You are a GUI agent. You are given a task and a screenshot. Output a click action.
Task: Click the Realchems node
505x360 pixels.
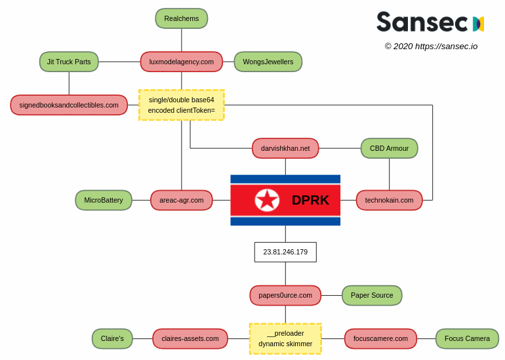click(182, 18)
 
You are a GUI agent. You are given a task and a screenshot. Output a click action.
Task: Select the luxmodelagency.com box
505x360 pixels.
click(182, 62)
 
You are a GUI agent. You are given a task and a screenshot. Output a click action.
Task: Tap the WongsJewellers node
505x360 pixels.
click(268, 62)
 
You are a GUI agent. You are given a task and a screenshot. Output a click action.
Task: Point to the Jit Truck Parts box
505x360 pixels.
click(69, 62)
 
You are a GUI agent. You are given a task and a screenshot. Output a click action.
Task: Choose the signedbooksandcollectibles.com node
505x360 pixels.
click(69, 105)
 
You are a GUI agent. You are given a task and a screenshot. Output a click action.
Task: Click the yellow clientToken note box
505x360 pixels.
click(182, 105)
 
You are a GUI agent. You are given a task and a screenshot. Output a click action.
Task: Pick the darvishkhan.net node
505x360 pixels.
click(285, 148)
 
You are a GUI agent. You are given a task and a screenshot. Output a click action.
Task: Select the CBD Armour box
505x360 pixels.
click(389, 148)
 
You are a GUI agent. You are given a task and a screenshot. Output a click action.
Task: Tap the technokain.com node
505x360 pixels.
click(389, 200)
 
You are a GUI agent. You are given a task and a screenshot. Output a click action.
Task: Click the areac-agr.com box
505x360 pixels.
click(182, 200)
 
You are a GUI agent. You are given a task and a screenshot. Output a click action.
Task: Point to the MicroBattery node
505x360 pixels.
click(104, 200)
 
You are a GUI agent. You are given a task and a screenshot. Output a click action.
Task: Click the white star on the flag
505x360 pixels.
click(267, 200)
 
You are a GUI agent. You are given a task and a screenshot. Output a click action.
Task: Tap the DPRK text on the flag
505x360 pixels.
click(310, 200)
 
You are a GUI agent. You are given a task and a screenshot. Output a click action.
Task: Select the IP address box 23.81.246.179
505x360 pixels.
click(285, 252)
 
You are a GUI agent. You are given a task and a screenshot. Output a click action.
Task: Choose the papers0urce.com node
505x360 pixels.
click(285, 295)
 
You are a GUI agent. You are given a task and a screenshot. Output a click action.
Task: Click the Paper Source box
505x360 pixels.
click(372, 295)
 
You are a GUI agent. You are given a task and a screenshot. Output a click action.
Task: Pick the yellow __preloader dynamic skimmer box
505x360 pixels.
click(285, 338)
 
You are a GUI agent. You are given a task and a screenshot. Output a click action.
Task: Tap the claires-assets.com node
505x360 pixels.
click(190, 338)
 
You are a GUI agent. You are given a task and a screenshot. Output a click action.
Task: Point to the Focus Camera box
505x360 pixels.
click(467, 338)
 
